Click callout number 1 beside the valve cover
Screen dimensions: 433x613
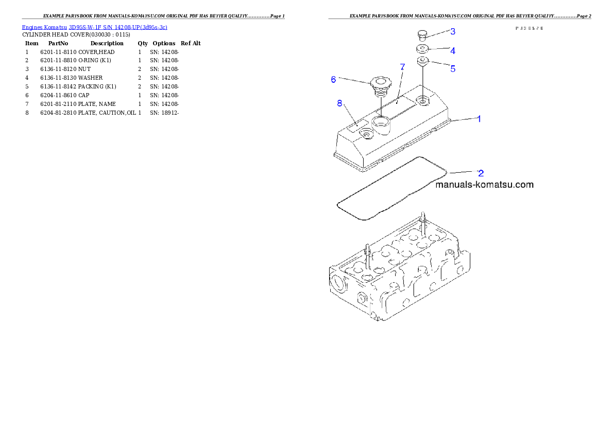[x=479, y=119]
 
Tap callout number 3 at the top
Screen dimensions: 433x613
[x=453, y=31]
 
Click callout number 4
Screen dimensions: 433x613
[x=453, y=51]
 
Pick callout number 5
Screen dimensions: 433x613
[x=453, y=68]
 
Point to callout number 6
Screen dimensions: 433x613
[x=333, y=79]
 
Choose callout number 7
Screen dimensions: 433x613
[x=403, y=67]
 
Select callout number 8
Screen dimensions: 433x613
[x=339, y=103]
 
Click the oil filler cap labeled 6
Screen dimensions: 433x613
[x=380, y=84]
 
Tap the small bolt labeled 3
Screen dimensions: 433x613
[x=422, y=35]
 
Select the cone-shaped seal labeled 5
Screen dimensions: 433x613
[x=422, y=62]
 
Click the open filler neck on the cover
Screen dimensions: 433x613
[x=381, y=122]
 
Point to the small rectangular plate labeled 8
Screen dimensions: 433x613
[x=358, y=124]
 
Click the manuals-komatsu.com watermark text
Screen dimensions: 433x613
[x=484, y=185]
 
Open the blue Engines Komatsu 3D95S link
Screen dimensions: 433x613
[x=94, y=27]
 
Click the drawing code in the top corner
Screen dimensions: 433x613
[x=529, y=28]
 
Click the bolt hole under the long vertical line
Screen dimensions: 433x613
[x=423, y=100]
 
